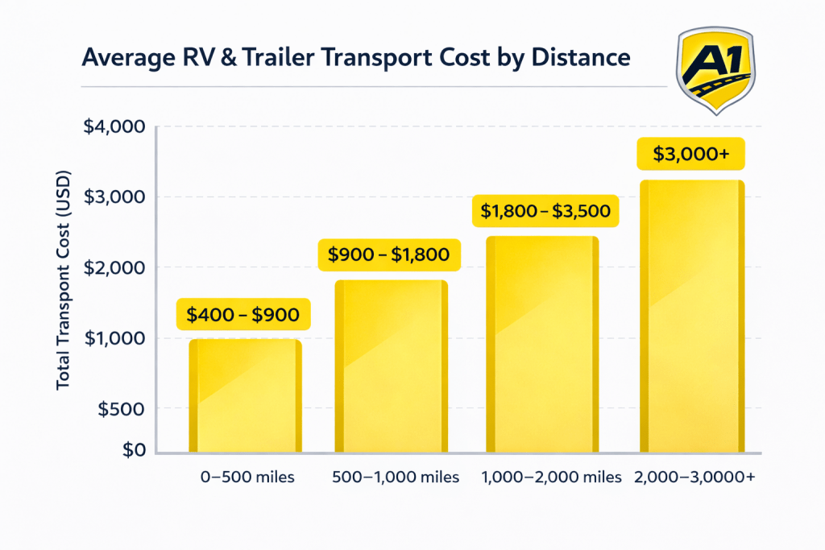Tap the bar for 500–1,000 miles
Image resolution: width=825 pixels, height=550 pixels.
[x=391, y=366]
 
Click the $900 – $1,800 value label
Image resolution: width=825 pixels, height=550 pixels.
[x=389, y=254]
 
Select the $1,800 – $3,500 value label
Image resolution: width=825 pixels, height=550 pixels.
[x=545, y=211]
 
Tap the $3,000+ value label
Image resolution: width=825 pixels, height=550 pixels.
[x=691, y=154]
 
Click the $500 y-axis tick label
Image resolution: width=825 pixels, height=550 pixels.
[x=122, y=409]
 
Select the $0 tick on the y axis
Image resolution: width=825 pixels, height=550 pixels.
[x=133, y=450]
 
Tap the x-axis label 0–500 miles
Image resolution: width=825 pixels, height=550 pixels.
[x=247, y=477]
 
